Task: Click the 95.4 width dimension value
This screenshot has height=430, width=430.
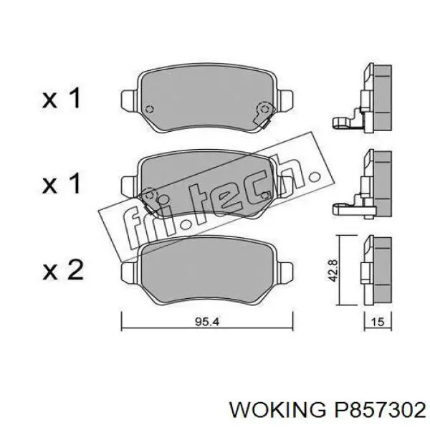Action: (207, 321)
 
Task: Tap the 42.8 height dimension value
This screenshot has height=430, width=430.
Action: (333, 270)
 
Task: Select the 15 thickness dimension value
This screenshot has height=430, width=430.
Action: (378, 322)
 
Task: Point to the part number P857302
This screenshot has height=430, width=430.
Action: (378, 410)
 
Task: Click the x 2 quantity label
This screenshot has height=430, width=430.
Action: (63, 270)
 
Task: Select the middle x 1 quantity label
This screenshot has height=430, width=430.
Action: (62, 183)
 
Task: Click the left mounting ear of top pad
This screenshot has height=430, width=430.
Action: (130, 100)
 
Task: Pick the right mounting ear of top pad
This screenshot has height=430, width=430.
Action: (285, 100)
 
